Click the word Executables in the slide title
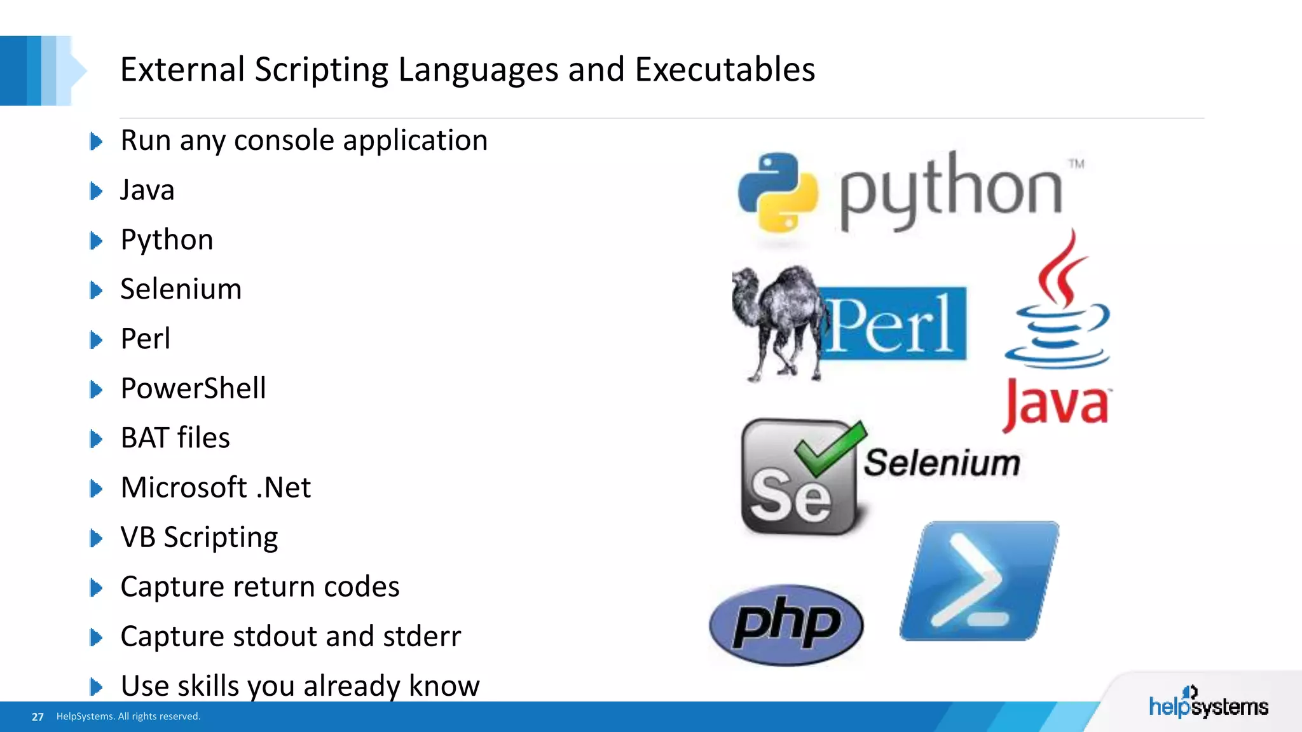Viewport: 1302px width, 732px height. coord(725,70)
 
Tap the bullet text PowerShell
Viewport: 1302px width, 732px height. coord(193,388)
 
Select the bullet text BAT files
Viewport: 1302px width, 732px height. coord(175,438)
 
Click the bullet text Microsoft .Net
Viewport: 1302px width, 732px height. coord(216,487)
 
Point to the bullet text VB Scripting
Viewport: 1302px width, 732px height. coord(199,538)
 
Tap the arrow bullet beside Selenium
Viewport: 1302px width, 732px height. coord(96,290)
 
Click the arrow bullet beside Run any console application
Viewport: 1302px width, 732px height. coord(96,141)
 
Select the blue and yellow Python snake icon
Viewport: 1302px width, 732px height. coord(778,191)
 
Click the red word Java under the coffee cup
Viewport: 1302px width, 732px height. coord(1057,404)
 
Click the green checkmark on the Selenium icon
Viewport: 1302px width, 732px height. coord(830,448)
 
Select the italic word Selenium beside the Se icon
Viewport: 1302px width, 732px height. coord(942,463)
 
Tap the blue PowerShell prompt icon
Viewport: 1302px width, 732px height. coord(980,581)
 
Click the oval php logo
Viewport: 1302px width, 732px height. coord(786,625)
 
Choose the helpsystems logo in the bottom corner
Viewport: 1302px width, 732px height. coord(1208,703)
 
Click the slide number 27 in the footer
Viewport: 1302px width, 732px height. coord(38,717)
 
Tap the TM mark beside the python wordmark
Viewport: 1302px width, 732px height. coord(1076,164)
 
